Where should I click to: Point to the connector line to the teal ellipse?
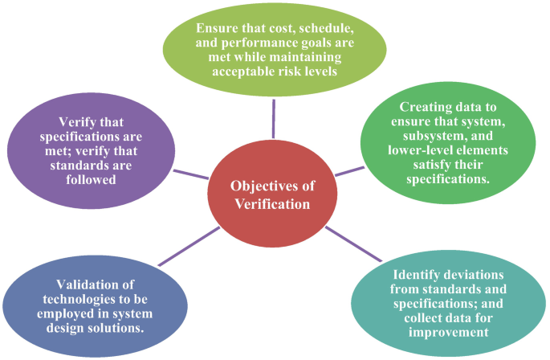(353, 246)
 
